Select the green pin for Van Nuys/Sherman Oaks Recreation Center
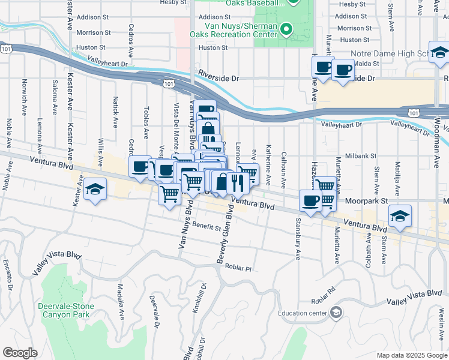point(287,28)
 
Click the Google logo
point(20,353)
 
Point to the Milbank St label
point(360,155)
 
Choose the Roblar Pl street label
point(238,268)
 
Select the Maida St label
point(367,63)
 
